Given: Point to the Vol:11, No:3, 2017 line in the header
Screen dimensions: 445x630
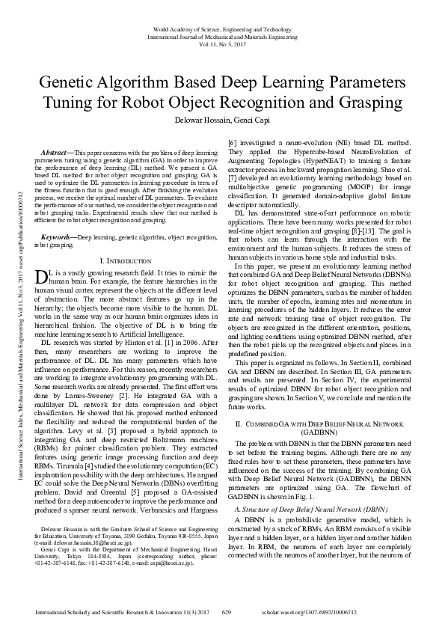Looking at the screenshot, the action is tap(222, 45).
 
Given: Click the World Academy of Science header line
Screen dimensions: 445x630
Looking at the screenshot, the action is tap(222, 27).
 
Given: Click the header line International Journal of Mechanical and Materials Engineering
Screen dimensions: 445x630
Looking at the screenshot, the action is tap(222, 36).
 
